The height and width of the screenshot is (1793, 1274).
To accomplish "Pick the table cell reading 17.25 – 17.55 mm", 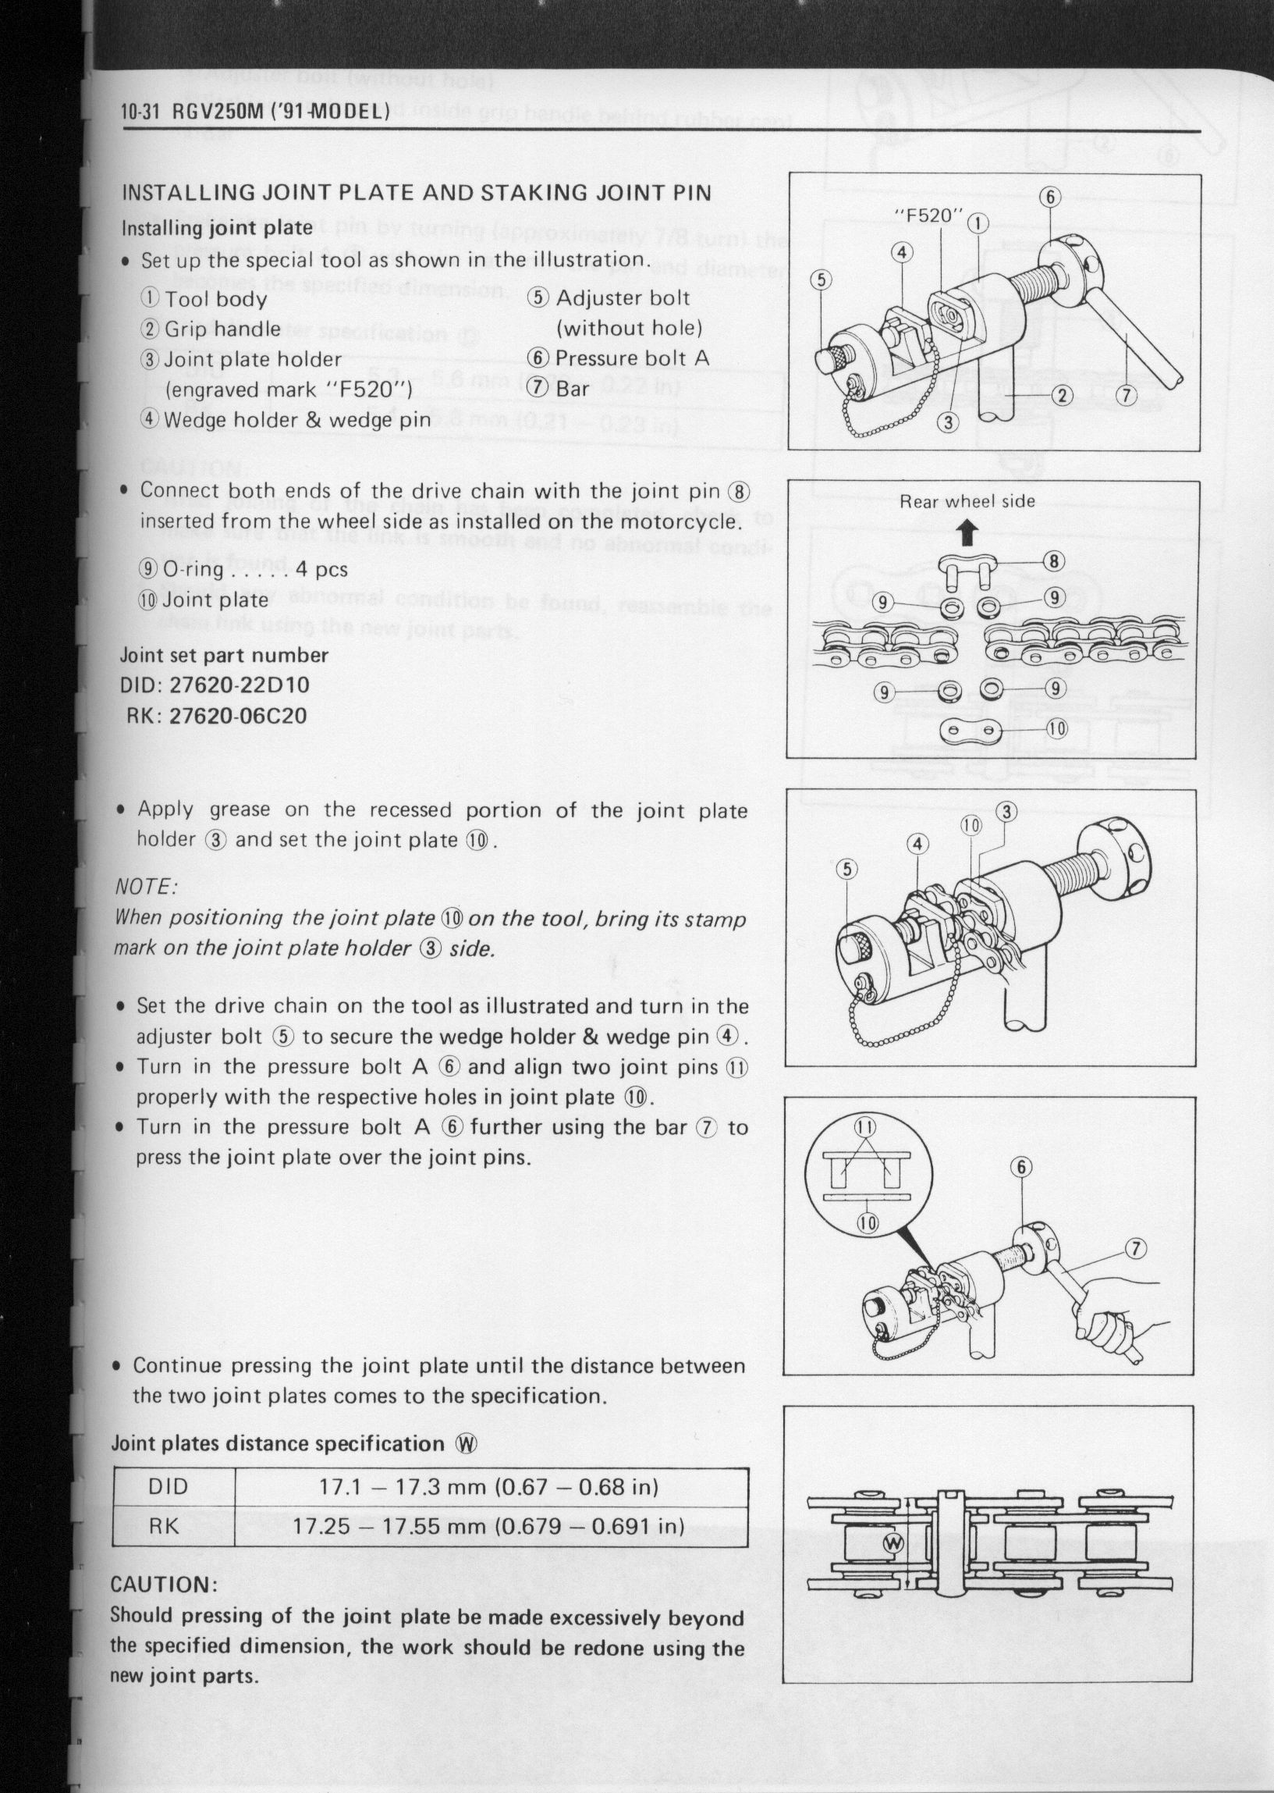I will click(x=391, y=1526).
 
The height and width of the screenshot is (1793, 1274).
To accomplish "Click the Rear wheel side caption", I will click(x=967, y=501).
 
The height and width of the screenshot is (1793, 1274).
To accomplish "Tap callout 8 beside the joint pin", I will click(x=1053, y=561).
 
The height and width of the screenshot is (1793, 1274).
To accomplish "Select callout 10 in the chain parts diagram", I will click(x=1056, y=729).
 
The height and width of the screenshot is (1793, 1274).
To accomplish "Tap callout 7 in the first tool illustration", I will click(x=1127, y=396).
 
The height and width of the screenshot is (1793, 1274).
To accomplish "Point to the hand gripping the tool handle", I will click(x=1105, y=1333).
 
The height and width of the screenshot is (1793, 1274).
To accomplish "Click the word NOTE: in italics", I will click(x=146, y=888).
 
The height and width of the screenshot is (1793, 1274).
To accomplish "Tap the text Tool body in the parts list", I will click(x=215, y=300).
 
